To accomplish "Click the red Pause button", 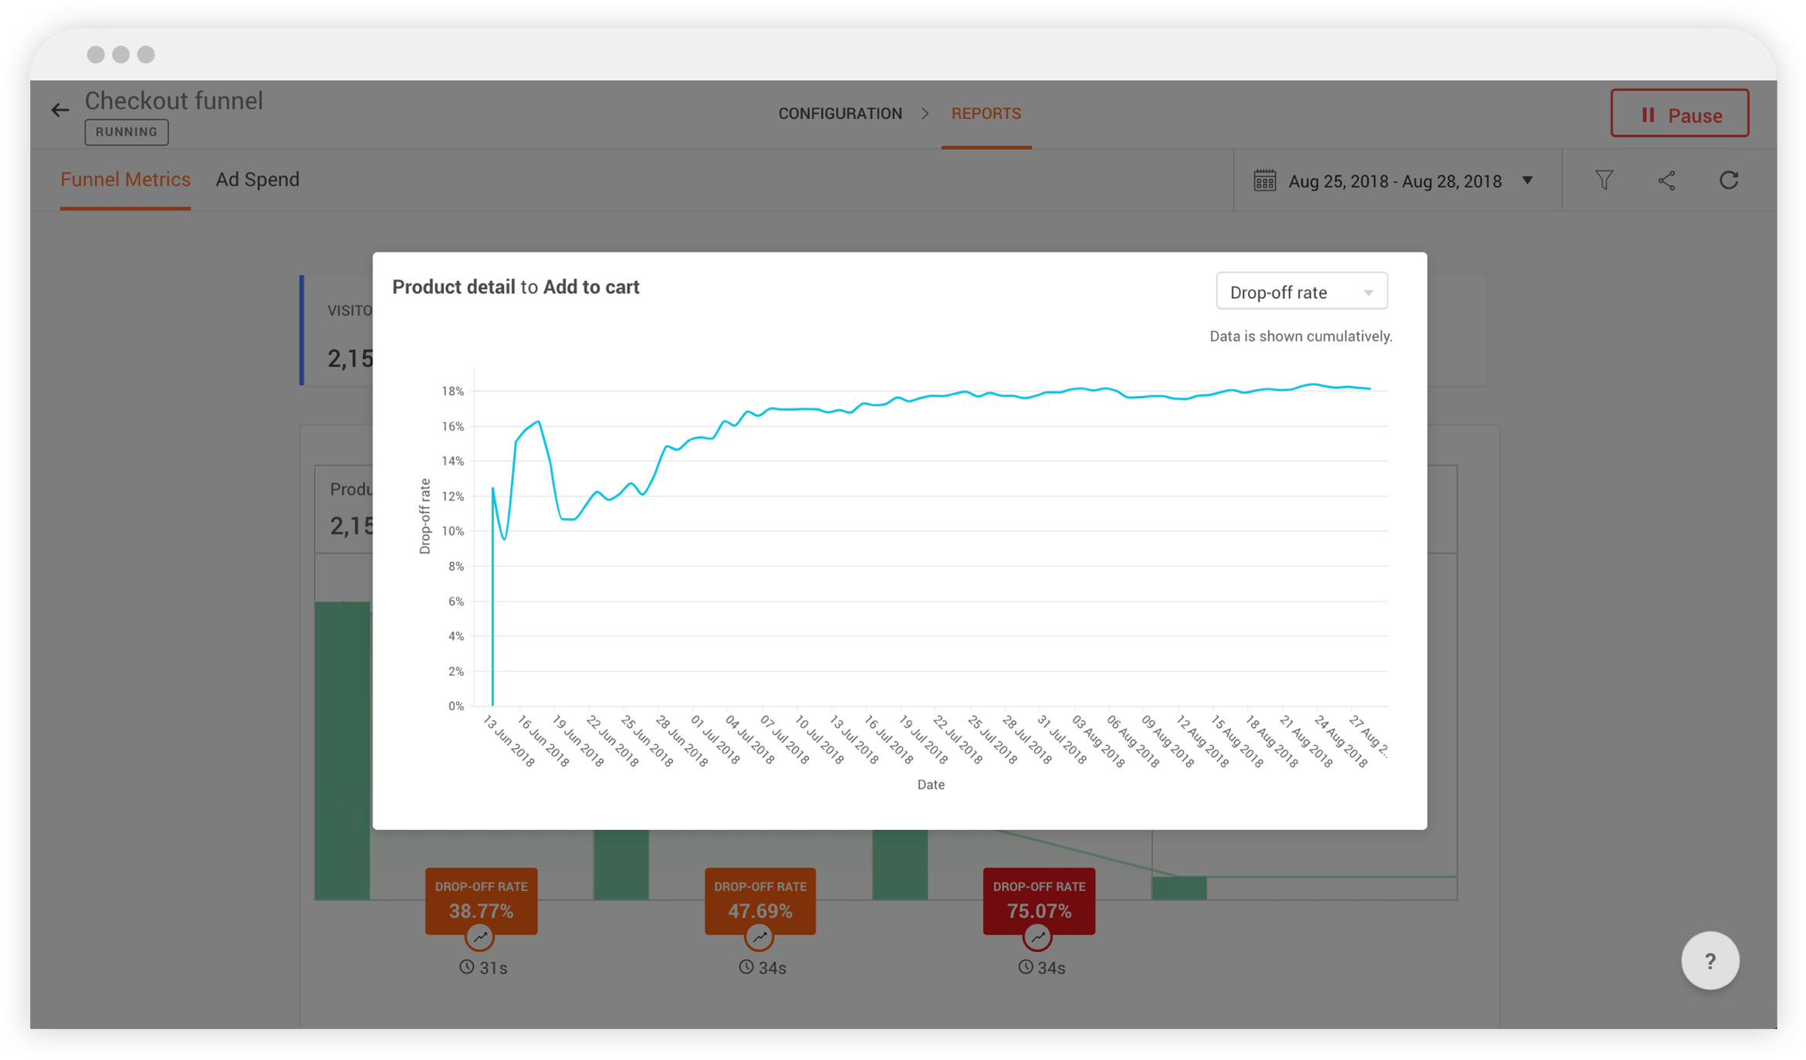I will [x=1679, y=114].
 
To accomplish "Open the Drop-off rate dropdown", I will [x=1301, y=292].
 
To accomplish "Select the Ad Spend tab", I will [x=257, y=180].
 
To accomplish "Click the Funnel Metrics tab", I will [x=125, y=180].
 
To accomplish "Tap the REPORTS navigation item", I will [x=986, y=113].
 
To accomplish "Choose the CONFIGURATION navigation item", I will [x=840, y=113].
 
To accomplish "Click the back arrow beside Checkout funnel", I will [x=60, y=110].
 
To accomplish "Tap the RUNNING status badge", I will [x=127, y=132].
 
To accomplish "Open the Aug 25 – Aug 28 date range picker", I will [x=1394, y=181].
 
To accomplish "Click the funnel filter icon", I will [x=1604, y=181].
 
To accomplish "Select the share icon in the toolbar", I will [x=1666, y=181].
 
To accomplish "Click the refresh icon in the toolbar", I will [x=1729, y=181].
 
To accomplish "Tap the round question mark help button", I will [x=1710, y=961].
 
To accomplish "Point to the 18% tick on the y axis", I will [x=453, y=391].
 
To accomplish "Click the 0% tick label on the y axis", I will [x=456, y=706].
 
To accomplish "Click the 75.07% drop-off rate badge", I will [x=1039, y=901].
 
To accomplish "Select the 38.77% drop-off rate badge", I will [x=481, y=901].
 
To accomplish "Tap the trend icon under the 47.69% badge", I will [x=759, y=937].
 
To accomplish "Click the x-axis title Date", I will [x=931, y=784].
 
